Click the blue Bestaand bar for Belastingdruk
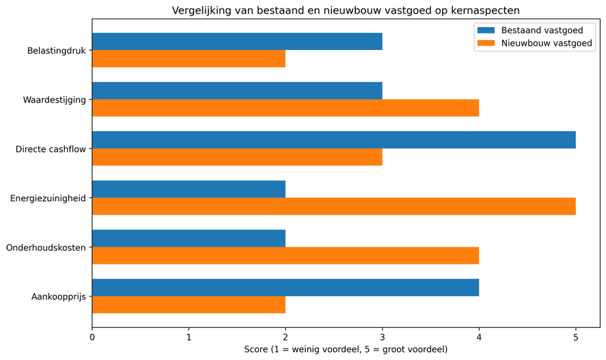pos(237,41)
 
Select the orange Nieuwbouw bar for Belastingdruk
pos(188,58)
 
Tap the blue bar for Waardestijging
pos(237,91)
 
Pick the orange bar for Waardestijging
pos(285,108)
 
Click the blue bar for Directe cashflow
pos(334,140)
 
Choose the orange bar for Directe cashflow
pos(237,157)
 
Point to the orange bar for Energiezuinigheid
pos(334,206)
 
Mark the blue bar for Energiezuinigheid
pos(188,189)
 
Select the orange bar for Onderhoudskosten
pos(285,255)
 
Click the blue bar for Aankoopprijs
pos(285,287)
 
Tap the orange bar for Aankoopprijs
pos(188,304)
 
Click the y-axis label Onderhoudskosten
pos(46,247)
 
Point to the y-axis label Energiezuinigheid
pos(48,198)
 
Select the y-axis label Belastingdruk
pos(56,51)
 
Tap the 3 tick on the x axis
pos(382,337)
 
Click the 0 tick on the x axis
pos(92,337)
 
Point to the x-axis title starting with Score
pos(346,349)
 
